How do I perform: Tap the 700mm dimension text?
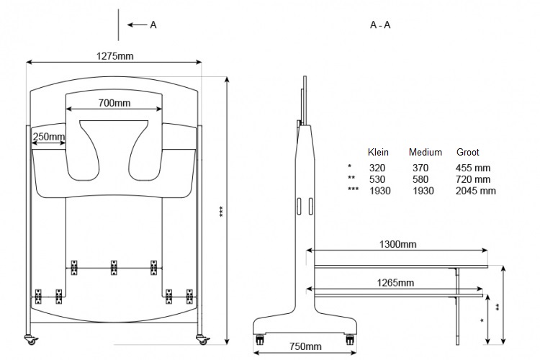tap(114, 103)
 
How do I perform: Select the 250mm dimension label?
tap(49, 137)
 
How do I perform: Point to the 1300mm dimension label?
tap(397, 244)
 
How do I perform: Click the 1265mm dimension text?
tap(396, 283)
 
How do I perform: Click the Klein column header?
tap(378, 153)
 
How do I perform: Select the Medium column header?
tap(426, 153)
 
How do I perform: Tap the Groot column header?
tap(468, 153)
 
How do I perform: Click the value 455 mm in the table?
tap(473, 168)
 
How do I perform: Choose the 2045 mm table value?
tap(476, 191)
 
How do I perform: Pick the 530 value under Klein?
tap(377, 179)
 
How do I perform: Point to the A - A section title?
tap(380, 25)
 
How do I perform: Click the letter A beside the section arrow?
tap(153, 25)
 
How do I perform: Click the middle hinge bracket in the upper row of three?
tap(113, 268)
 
